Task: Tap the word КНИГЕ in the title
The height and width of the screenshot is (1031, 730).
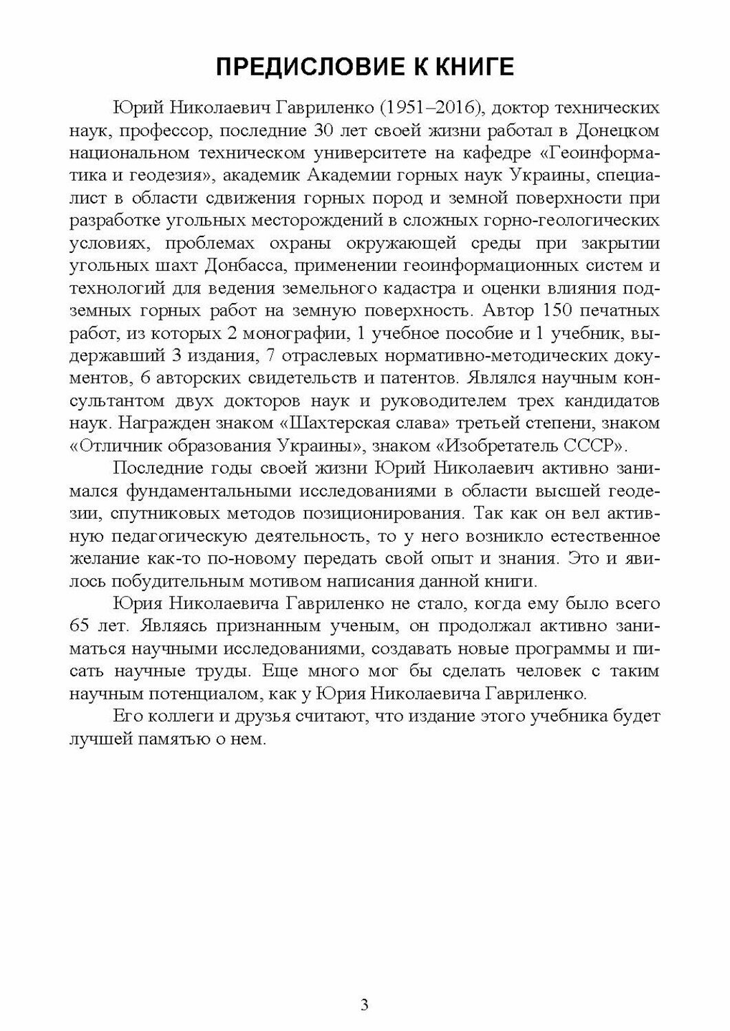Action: pos(475,67)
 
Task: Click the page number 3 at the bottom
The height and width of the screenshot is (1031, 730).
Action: pos(365,1006)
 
